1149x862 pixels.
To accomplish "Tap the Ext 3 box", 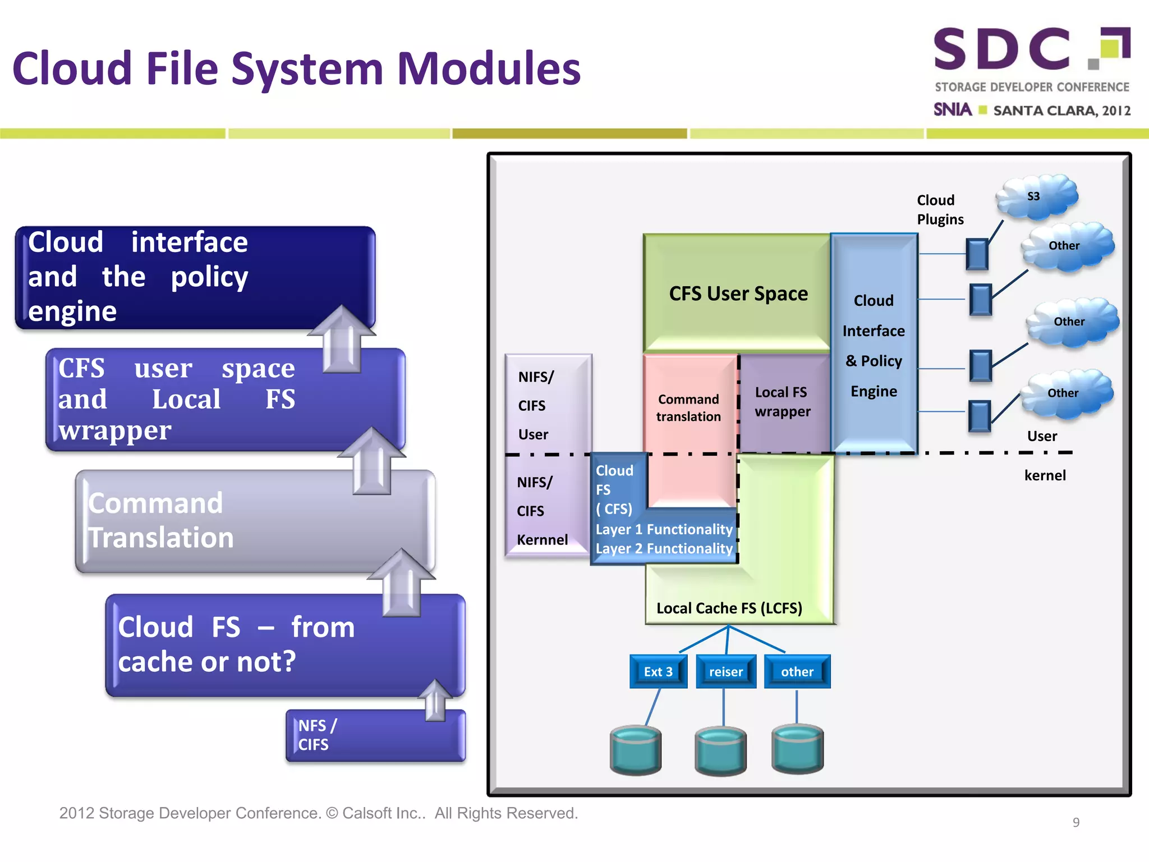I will click(658, 672).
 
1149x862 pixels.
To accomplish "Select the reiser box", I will click(725, 672).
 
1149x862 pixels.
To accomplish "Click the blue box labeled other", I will click(797, 672).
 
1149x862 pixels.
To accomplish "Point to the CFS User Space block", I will click(738, 294).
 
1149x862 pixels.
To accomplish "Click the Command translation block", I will click(689, 408).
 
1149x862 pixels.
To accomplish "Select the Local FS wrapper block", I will click(783, 402).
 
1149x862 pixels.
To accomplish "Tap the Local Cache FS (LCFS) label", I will click(729, 608).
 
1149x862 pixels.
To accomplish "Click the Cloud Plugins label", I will click(940, 210).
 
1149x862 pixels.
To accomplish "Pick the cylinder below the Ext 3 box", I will click(635, 750).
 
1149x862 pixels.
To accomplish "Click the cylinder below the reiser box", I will click(720, 751).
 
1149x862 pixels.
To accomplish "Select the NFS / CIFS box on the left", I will click(375, 736).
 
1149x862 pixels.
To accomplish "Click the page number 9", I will click(1076, 822).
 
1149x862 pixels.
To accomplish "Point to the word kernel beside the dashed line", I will click(1045, 476).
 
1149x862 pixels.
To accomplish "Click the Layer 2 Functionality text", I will click(664, 549).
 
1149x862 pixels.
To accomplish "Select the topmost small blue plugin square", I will click(977, 254).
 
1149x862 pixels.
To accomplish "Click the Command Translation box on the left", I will click(255, 521).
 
